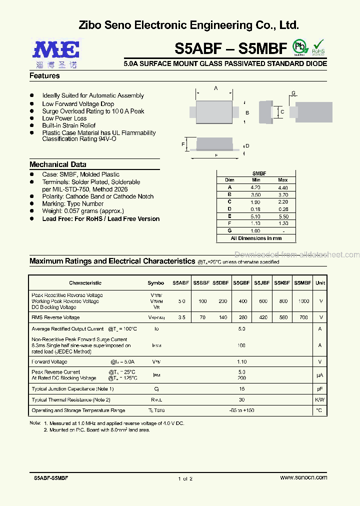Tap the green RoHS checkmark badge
click(318, 46)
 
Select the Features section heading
click(44, 76)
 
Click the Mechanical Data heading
click(57, 164)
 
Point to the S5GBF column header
click(242, 283)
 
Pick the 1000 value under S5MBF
click(303, 301)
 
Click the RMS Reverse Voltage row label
click(55, 317)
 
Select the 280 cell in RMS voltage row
click(242, 317)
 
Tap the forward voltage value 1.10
click(242, 361)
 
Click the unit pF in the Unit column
click(320, 389)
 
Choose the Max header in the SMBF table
click(282, 180)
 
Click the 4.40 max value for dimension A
click(282, 187)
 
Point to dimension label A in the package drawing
click(216, 88)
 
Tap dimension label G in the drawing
click(293, 93)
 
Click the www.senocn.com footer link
click(303, 478)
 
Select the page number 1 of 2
click(185, 479)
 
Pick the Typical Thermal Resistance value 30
click(242, 400)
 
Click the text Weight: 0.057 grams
click(82, 211)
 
